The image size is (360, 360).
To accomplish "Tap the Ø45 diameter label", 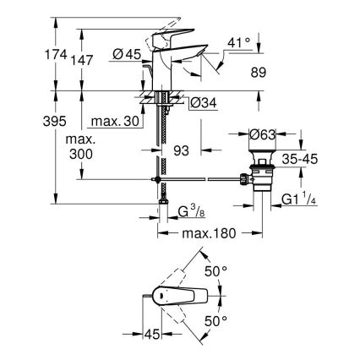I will (x=127, y=55).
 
